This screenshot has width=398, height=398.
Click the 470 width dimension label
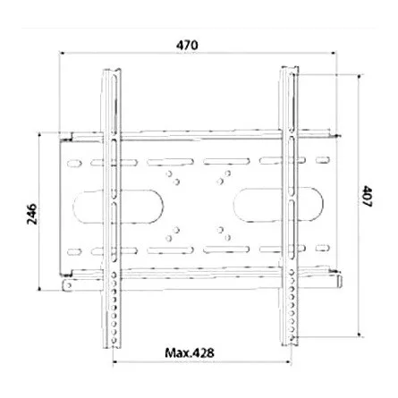point(187,46)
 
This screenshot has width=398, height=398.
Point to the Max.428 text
point(191,352)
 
